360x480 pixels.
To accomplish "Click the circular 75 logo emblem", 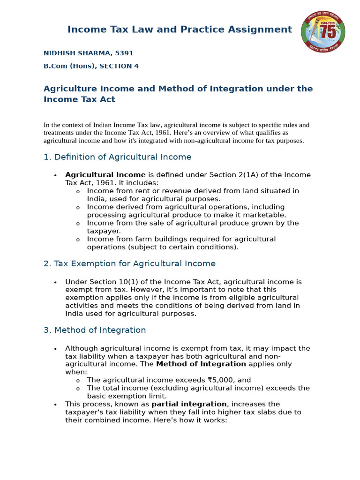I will pyautogui.click(x=323, y=32).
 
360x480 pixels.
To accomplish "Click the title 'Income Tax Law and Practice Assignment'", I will pyautogui.click(x=180, y=30).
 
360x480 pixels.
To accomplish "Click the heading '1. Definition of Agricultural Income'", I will pyautogui.click(x=117, y=157).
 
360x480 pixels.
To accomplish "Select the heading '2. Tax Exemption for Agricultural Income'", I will pyautogui.click(x=129, y=264).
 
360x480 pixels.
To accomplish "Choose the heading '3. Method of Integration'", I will pyautogui.click(x=95, y=330).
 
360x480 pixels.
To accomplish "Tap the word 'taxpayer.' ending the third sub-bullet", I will pyautogui.click(x=104, y=231).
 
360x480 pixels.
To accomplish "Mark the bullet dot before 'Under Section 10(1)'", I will pyautogui.click(x=55, y=282).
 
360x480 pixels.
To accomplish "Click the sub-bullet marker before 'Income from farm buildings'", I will pyautogui.click(x=78, y=240).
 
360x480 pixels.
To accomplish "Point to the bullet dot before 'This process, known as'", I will pyautogui.click(x=55, y=405).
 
